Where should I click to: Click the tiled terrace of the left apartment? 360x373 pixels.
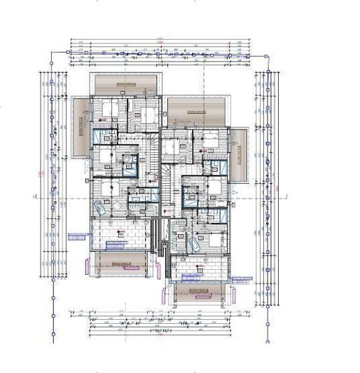(x=119, y=234)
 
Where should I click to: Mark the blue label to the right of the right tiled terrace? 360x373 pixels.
(x=242, y=278)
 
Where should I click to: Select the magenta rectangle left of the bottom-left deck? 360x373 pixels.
(x=88, y=267)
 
